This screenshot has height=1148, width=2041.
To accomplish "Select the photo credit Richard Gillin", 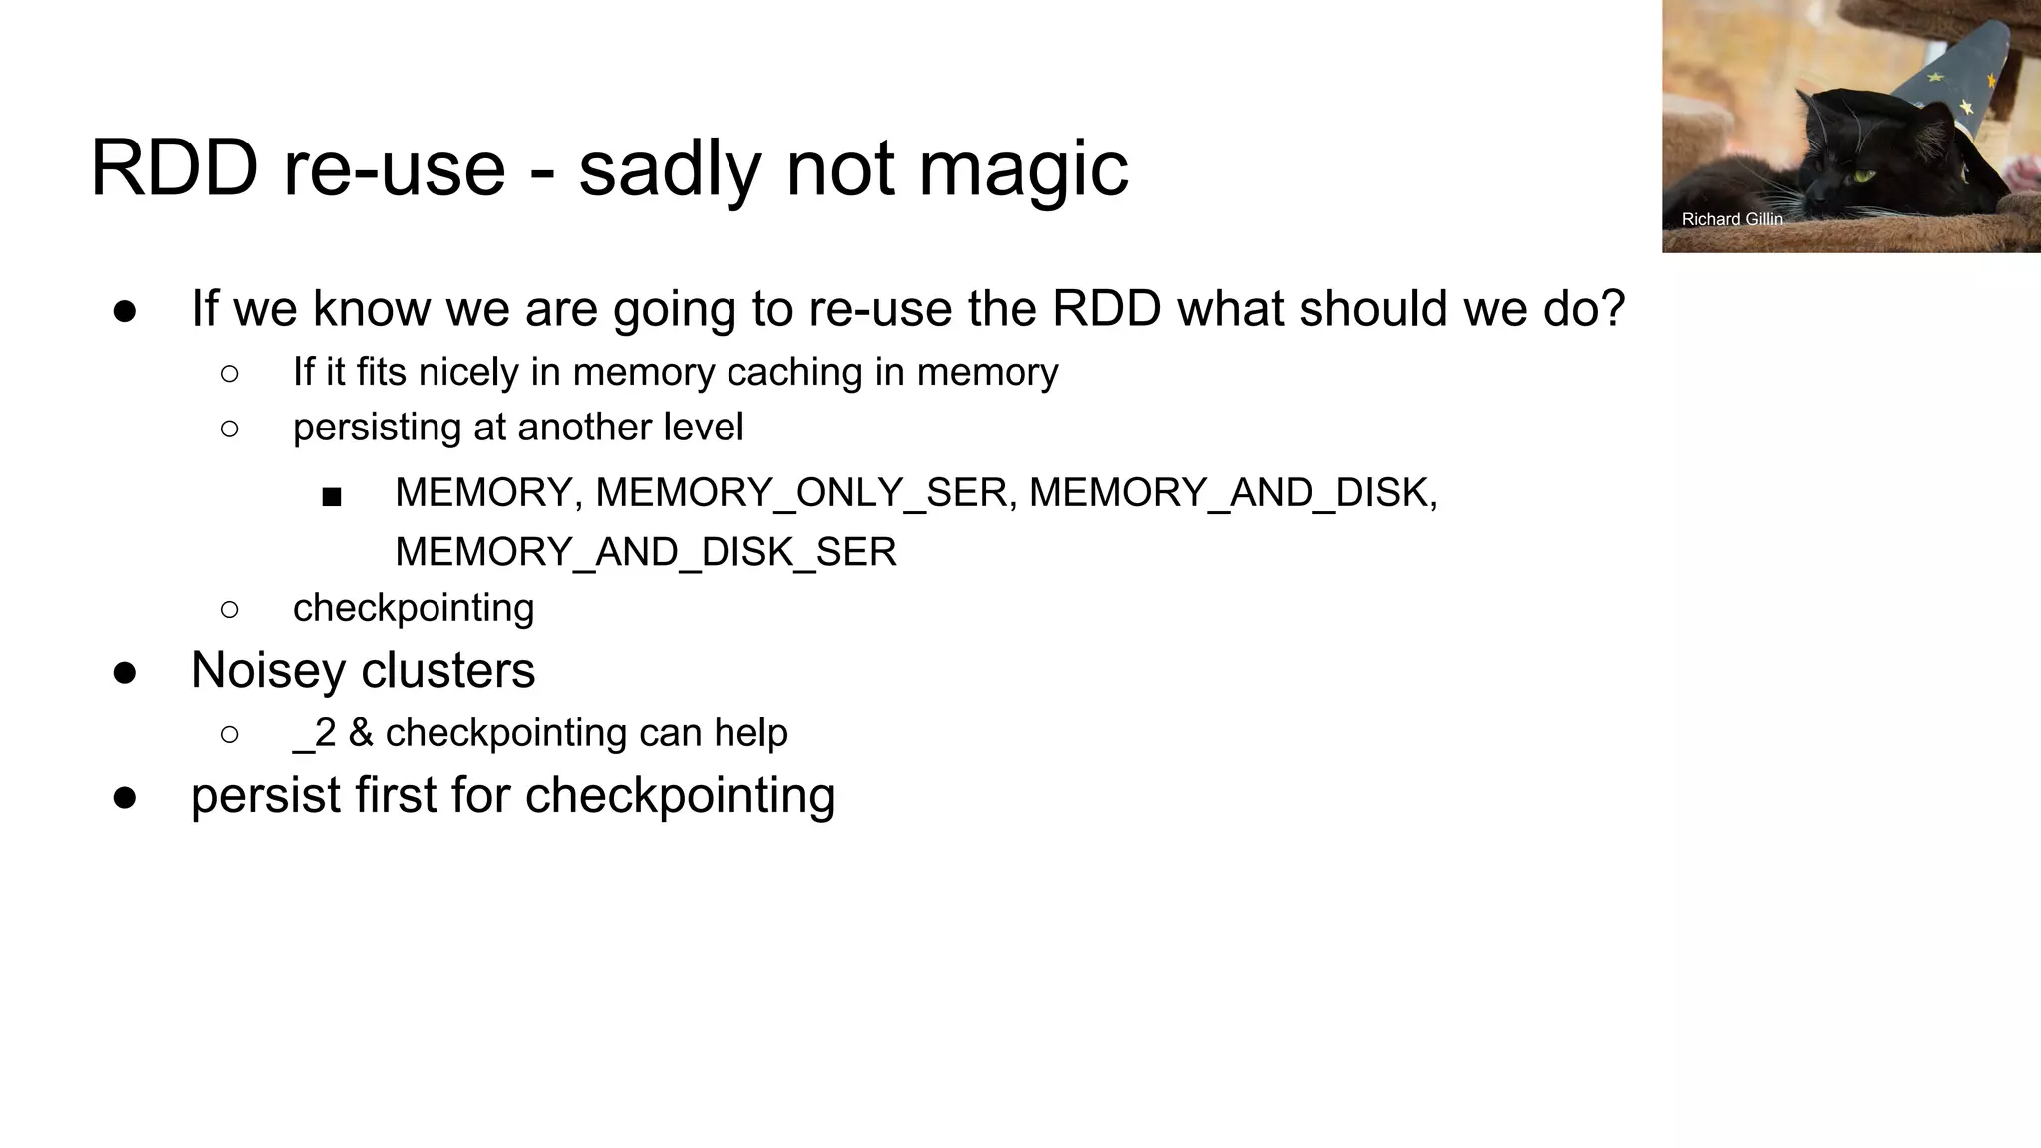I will tap(1731, 219).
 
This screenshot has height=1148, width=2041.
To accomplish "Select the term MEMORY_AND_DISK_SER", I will tap(646, 552).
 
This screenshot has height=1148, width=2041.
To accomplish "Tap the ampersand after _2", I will tap(361, 733).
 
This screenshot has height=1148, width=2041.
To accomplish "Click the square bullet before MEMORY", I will tap(332, 496).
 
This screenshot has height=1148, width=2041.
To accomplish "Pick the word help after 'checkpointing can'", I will tap(750, 733).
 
